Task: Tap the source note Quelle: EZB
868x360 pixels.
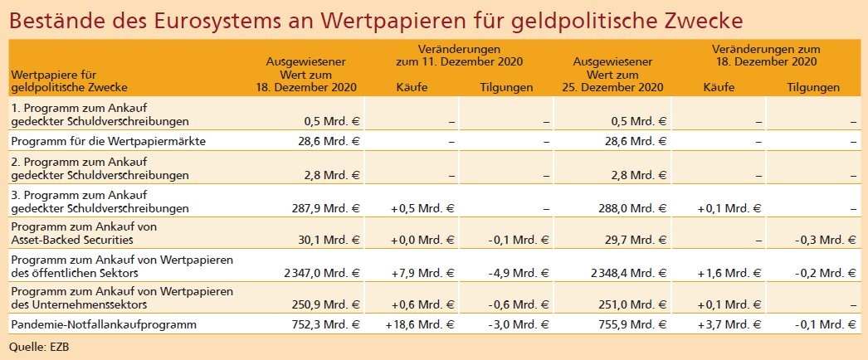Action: pyautogui.click(x=39, y=344)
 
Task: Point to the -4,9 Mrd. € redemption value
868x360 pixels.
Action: pyautogui.click(x=519, y=273)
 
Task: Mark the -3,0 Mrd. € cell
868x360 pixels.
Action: pyautogui.click(x=519, y=324)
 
